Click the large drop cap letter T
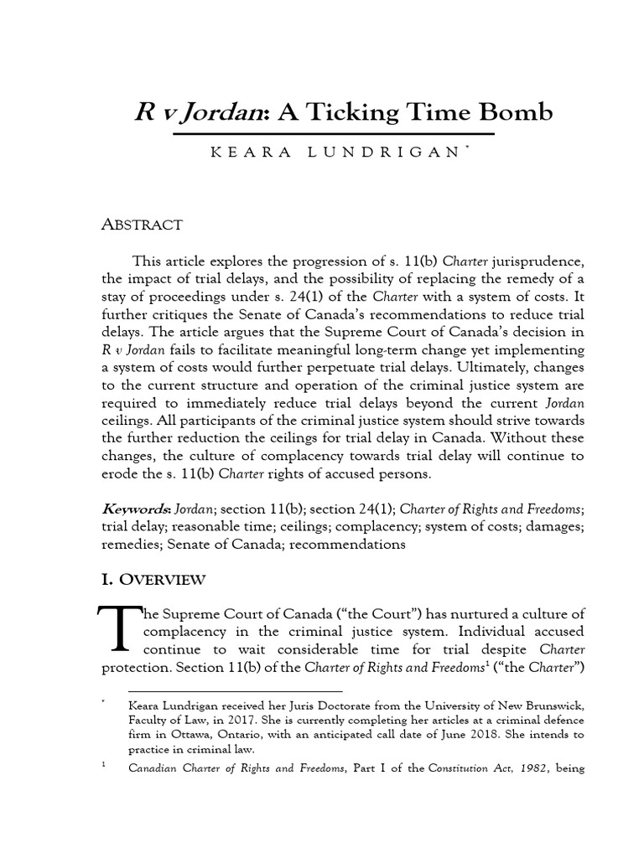[x=116, y=628]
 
